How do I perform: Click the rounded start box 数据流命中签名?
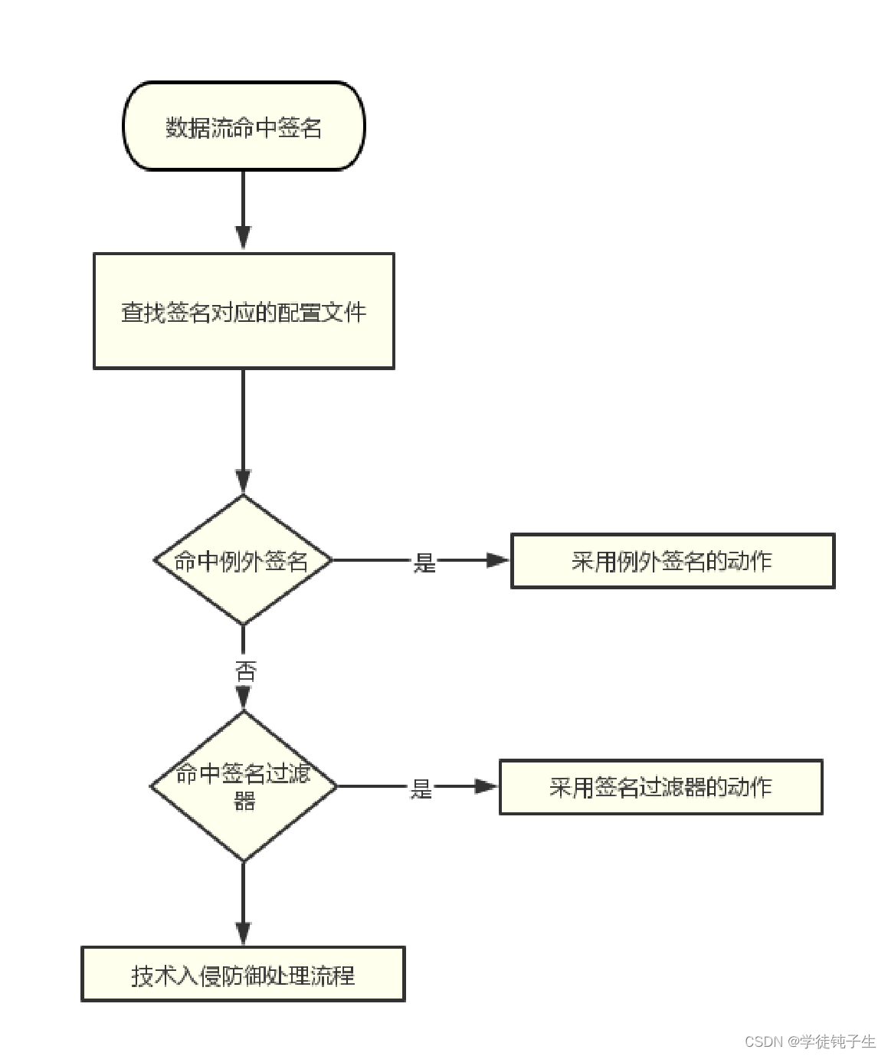point(244,126)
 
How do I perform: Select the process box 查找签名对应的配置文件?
point(244,311)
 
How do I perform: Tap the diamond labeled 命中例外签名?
point(243,560)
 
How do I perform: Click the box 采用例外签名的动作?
point(672,561)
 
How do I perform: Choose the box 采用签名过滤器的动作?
point(660,787)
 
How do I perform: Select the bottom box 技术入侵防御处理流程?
point(243,975)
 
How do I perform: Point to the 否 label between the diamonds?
point(245,672)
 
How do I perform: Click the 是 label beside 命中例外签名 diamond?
point(424,562)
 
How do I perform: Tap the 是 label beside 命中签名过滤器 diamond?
point(421,789)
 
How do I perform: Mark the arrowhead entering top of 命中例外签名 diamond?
point(243,482)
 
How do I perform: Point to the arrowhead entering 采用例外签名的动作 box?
point(498,560)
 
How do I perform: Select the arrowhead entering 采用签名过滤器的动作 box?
point(487,786)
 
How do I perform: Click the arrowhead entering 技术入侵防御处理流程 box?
point(243,933)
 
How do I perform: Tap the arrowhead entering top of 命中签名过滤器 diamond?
point(244,698)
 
